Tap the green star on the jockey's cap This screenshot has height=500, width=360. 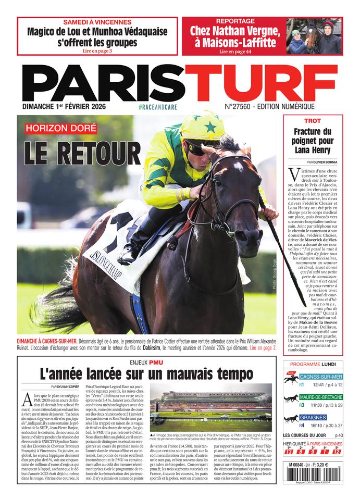click(210, 127)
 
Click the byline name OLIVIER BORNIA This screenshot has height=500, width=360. click(319, 162)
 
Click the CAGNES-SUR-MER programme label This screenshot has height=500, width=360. click(321, 377)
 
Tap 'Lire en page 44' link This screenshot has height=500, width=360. click(235, 52)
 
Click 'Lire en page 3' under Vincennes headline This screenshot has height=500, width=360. click(97, 51)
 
